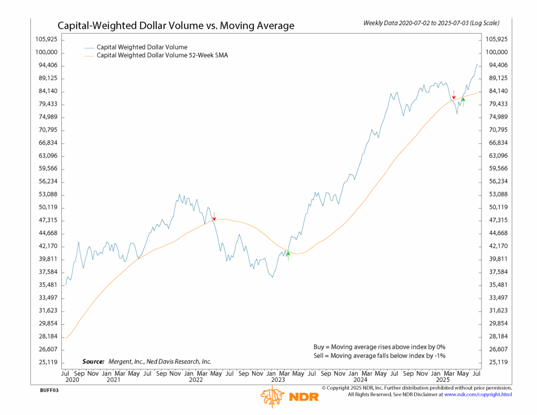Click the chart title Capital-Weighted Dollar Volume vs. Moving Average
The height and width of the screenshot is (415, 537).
pos(176,25)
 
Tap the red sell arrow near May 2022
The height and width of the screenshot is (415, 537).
pos(214,216)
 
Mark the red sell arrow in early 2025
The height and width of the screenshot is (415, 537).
pos(454,95)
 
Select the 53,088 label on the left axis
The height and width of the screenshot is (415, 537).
pos(47,195)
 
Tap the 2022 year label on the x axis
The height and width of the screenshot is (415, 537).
pos(196,379)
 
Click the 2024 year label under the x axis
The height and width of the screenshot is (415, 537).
pos(360,379)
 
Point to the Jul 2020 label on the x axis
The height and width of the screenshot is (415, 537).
pos(72,376)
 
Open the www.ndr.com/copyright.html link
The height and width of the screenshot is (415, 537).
pos(478,395)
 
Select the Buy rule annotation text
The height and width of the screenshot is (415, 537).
pos(379,347)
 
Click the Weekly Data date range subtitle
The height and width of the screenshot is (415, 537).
pos(431,23)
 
